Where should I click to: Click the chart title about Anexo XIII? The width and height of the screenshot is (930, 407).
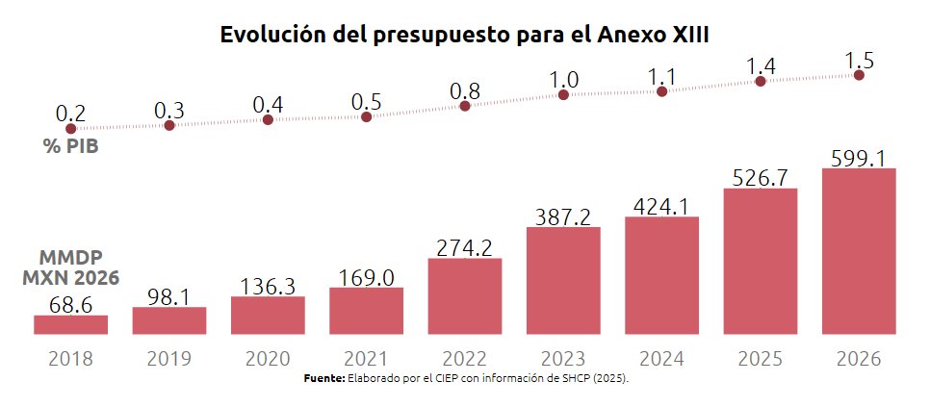click(x=465, y=35)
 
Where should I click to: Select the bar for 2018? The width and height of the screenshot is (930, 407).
click(x=70, y=324)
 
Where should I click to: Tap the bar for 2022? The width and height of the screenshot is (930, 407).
click(x=465, y=295)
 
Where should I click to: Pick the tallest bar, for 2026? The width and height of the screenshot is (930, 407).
click(x=859, y=251)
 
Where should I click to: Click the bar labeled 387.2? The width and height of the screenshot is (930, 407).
click(x=563, y=280)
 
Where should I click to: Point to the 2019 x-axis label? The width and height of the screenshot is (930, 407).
click(x=168, y=360)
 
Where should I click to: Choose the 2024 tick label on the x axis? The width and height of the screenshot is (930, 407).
click(x=661, y=360)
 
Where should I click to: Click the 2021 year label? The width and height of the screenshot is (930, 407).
click(x=366, y=360)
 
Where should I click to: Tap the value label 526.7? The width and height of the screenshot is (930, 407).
click(x=760, y=177)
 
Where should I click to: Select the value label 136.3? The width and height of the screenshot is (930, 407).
click(x=268, y=286)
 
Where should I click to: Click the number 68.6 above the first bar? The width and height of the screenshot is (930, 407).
click(x=70, y=305)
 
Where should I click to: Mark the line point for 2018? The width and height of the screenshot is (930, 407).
click(x=70, y=128)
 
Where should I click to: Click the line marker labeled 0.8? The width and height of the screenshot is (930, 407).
click(x=465, y=106)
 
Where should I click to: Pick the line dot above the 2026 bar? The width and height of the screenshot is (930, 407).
click(x=859, y=75)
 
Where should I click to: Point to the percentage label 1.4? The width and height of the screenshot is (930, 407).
click(x=760, y=65)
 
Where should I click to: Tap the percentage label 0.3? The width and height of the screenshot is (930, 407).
click(x=168, y=110)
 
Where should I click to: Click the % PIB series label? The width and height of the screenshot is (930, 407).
click(x=70, y=148)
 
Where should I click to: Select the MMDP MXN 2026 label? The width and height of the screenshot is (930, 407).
click(x=70, y=268)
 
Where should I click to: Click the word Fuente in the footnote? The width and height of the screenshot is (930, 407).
click(x=323, y=380)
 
